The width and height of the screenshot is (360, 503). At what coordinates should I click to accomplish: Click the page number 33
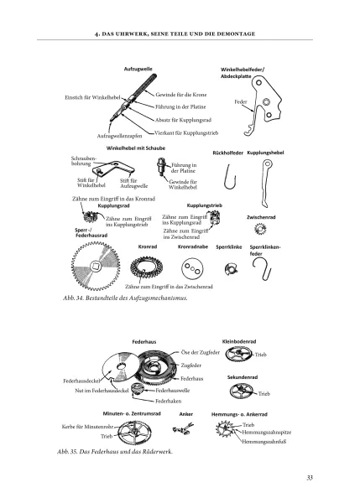310,478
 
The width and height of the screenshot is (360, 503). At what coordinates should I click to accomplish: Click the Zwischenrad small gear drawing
260,229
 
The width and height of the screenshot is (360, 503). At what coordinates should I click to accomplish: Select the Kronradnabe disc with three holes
192,269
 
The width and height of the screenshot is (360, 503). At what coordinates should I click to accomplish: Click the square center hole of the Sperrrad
96,266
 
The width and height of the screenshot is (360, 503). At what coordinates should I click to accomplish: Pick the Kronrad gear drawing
147,267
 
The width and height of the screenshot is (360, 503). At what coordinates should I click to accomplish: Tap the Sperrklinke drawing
232,268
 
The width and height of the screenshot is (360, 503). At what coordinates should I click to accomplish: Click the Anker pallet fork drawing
183,428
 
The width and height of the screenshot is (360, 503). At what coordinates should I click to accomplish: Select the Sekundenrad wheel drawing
241,391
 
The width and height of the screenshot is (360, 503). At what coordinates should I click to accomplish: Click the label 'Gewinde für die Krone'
181,95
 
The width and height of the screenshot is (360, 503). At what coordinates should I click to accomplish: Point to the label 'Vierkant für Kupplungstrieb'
186,132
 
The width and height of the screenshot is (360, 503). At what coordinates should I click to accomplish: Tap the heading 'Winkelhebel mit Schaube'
136,148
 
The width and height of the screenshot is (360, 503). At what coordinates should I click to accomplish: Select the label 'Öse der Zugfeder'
201,352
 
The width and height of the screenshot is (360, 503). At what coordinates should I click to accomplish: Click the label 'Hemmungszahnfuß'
263,442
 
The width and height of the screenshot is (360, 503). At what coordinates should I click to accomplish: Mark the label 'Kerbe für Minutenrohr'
87,427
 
